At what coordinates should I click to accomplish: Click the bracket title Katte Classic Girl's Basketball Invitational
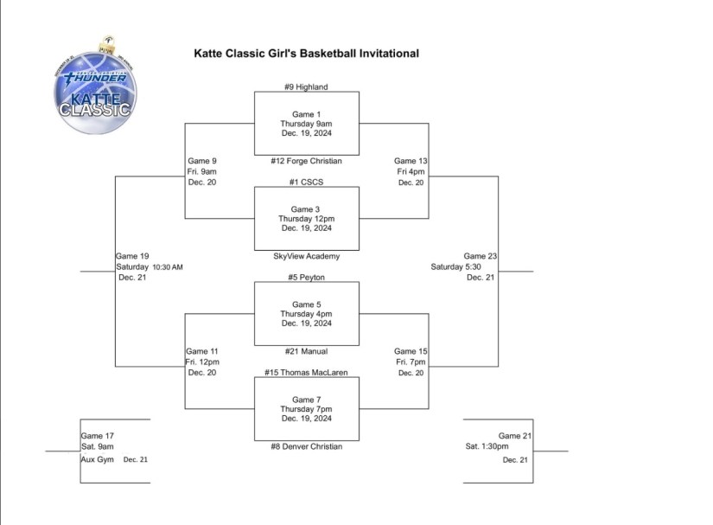(306, 54)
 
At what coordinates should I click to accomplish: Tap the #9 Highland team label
(306, 86)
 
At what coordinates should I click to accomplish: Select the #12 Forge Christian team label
(306, 161)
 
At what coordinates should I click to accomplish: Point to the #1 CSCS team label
(306, 182)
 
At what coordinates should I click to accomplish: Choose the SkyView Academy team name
(306, 256)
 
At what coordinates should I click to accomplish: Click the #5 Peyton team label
(306, 278)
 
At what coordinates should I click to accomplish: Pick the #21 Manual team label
(306, 351)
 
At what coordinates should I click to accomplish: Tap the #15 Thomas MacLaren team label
(306, 373)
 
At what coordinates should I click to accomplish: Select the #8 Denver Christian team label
(306, 446)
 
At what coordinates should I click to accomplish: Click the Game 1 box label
(306, 114)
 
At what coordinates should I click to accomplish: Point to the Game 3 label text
(306, 209)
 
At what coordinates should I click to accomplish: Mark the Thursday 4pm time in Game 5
(306, 314)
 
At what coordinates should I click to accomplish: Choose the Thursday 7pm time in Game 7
(306, 409)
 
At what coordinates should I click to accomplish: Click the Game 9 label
(202, 161)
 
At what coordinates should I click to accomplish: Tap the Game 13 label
(411, 161)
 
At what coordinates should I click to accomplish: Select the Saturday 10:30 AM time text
(150, 267)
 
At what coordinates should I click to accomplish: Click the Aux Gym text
(98, 459)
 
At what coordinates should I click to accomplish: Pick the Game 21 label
(515, 436)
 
